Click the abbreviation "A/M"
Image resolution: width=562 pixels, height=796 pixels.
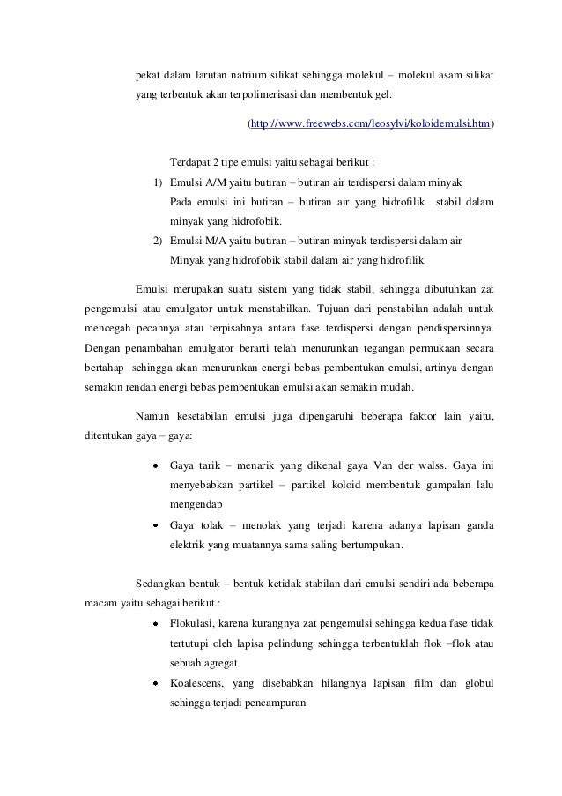[x=215, y=182]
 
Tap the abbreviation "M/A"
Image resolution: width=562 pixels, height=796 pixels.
[x=215, y=241]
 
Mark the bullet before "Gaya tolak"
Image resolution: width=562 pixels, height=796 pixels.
[x=155, y=526]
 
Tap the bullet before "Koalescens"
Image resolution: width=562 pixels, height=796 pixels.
[x=155, y=683]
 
